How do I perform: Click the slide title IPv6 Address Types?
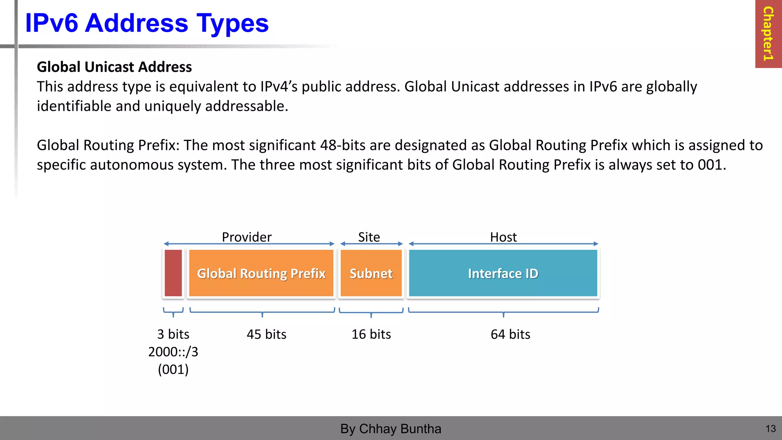(147, 23)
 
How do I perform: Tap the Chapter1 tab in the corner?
(768, 34)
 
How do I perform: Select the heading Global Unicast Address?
(114, 67)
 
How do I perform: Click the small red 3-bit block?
(173, 273)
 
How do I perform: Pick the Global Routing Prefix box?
(261, 273)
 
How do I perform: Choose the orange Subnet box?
(371, 273)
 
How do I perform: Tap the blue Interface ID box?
(503, 273)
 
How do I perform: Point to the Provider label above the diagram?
(247, 237)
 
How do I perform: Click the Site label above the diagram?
(369, 237)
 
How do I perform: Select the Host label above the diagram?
(503, 237)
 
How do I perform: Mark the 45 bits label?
(267, 334)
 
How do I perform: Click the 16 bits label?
(371, 334)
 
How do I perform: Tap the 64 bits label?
(511, 334)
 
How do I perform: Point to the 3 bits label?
(173, 334)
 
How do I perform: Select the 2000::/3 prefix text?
(173, 352)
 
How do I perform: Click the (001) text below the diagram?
(173, 369)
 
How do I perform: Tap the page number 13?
(771, 429)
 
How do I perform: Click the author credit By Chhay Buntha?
(391, 429)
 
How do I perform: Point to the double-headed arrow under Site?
(372, 244)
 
